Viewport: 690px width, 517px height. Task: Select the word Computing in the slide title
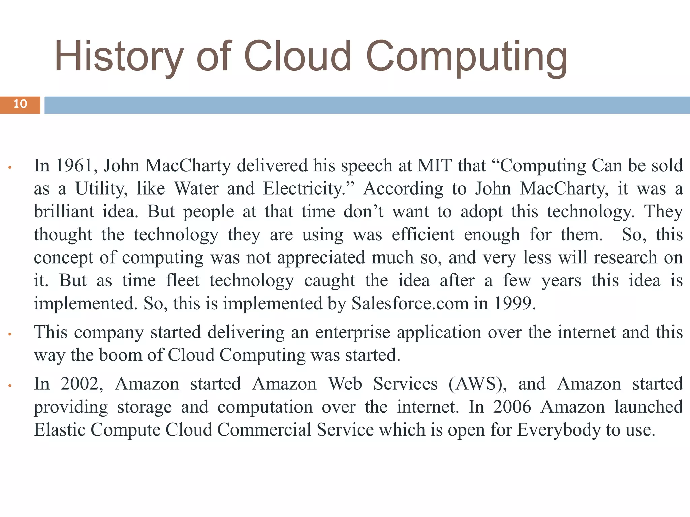(x=467, y=57)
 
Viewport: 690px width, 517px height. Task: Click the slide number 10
(x=20, y=104)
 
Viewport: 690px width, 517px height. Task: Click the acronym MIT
(x=434, y=166)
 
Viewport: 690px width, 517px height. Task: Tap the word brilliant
(x=64, y=212)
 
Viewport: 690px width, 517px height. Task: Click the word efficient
(x=423, y=235)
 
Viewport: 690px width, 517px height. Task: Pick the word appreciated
(x=321, y=257)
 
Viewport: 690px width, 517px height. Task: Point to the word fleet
(x=183, y=280)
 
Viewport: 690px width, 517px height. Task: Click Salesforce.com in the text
(x=410, y=304)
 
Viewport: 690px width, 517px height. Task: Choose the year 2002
(x=82, y=384)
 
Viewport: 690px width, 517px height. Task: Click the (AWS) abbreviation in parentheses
(x=477, y=384)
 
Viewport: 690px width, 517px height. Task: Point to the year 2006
(x=512, y=407)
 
